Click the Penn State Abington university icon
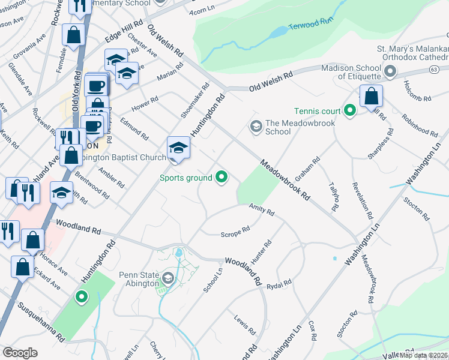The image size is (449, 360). click(x=168, y=278)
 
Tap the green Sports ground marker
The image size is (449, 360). click(x=221, y=177)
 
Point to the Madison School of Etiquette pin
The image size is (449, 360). click(x=390, y=72)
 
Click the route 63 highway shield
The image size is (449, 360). click(x=433, y=70)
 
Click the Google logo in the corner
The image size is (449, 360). click(x=20, y=352)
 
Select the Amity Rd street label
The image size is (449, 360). click(x=262, y=209)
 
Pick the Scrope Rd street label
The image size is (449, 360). click(x=235, y=231)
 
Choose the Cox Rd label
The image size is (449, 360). click(x=312, y=331)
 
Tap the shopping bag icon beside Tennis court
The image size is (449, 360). click(x=372, y=96)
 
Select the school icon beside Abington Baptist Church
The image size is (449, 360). click(x=178, y=148)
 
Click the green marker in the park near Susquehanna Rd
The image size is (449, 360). click(x=81, y=296)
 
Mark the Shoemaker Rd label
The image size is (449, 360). click(x=195, y=100)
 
